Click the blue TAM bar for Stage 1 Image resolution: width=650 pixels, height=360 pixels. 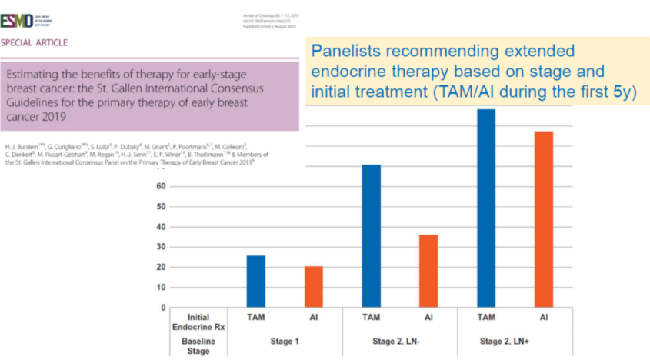pyautogui.click(x=256, y=282)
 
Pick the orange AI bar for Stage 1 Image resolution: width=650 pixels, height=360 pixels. pyautogui.click(x=314, y=287)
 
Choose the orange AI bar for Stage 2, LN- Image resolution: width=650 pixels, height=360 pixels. pyautogui.click(x=428, y=271)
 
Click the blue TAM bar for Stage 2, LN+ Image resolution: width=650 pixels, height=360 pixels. pyautogui.click(x=486, y=208)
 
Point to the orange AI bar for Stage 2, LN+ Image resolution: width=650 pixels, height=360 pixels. pyautogui.click(x=544, y=219)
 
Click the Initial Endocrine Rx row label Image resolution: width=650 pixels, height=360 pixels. pyautogui.click(x=188, y=322)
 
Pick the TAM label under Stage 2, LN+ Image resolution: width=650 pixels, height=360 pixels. pyautogui.click(x=486, y=317)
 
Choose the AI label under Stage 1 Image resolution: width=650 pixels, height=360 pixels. pyautogui.click(x=314, y=317)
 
